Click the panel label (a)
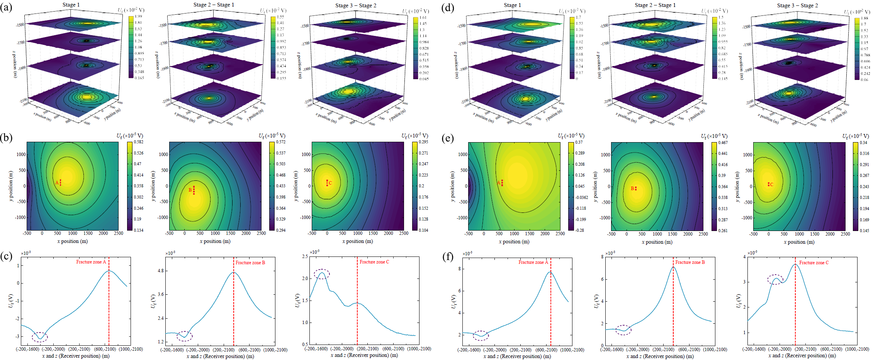[6, 7]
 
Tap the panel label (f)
[448, 257]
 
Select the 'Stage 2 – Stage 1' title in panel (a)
[214, 5]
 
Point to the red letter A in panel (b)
[57, 183]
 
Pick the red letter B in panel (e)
[632, 188]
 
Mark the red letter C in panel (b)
[330, 183]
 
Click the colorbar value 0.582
[139, 142]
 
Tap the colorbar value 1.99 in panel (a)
[138, 16]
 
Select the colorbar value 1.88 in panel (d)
[864, 18]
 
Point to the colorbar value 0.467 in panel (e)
[723, 143]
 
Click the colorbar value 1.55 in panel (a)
[280, 17]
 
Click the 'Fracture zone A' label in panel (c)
[91, 262]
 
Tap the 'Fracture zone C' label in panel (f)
[814, 263]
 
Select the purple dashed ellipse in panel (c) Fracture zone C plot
[322, 274]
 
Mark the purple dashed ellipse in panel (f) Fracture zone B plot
[623, 330]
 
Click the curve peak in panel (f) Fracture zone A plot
[550, 272]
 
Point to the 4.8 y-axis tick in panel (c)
[160, 271]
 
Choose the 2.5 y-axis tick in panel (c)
[305, 256]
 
